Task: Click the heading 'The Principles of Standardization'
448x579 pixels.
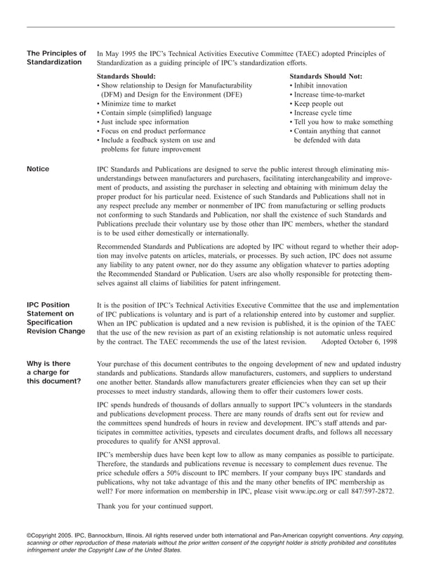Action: coord(56,57)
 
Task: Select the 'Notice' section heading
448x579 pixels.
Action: coord(38,169)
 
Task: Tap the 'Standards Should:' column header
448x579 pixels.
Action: coord(126,76)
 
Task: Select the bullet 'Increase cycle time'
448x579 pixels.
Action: coord(321,112)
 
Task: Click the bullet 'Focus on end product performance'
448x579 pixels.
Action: coord(151,130)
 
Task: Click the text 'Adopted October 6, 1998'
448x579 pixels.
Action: coord(359,342)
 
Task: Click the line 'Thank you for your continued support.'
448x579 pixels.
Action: coord(154,506)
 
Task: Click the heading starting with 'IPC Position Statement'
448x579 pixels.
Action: coord(55,318)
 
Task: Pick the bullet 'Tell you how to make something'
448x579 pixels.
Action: coord(341,121)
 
